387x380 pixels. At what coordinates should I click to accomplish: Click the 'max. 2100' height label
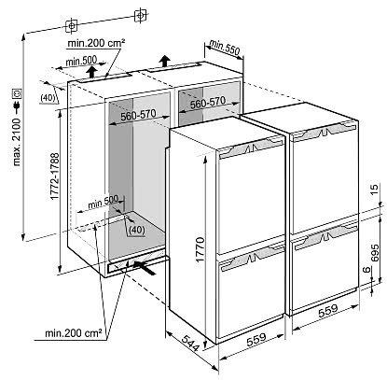pos(17,141)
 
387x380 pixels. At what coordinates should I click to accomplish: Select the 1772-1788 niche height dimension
pos(55,176)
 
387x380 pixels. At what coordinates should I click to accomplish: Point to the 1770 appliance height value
pos(200,249)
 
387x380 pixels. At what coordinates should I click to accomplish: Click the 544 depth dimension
pos(189,344)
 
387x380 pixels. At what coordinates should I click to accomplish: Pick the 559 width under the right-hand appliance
pos(328,311)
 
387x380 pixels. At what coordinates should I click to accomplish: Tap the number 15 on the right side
pos(375,189)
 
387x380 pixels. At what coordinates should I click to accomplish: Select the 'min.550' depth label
pos(225,47)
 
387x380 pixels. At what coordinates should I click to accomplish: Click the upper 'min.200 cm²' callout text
pos(97,43)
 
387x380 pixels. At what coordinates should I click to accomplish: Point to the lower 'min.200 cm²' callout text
pos(74,333)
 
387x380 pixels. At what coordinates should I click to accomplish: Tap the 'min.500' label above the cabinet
pos(81,61)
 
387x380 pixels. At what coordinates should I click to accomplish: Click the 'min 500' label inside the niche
pos(103,202)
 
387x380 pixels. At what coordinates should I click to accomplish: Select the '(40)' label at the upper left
pos(48,98)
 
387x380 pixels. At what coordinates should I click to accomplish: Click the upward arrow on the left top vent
pos(91,72)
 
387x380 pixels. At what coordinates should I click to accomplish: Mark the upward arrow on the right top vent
pos(165,62)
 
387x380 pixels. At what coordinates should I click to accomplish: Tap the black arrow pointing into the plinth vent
pos(145,268)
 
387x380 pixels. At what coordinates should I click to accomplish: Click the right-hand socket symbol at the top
pos(140,15)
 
